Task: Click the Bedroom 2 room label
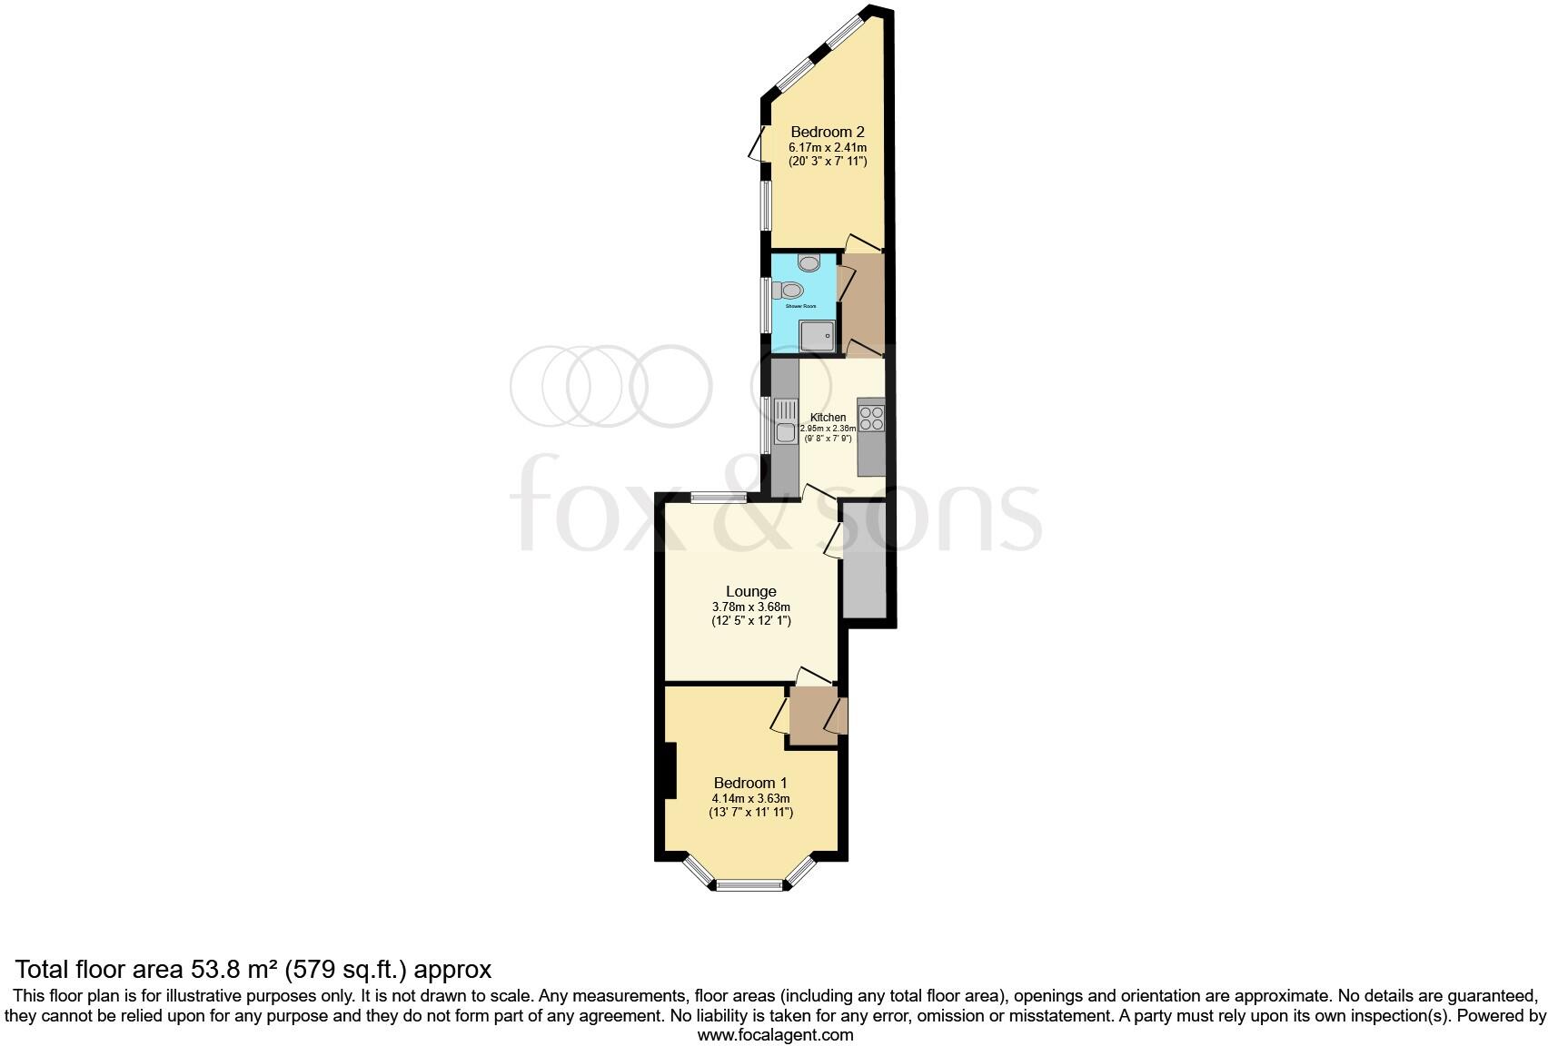(x=827, y=132)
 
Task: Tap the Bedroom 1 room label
(x=750, y=783)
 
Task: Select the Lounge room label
(x=751, y=592)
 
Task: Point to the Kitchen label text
(x=828, y=418)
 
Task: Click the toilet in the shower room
(x=789, y=291)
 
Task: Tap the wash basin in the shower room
(x=809, y=263)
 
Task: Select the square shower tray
(x=817, y=337)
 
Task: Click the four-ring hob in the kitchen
(x=871, y=419)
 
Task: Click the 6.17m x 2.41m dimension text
(x=827, y=147)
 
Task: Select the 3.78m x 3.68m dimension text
(x=751, y=607)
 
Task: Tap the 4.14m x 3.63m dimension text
(x=750, y=798)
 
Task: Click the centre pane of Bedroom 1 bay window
(x=749, y=885)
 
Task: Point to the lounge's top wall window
(x=718, y=497)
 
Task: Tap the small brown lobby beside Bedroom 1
(x=812, y=716)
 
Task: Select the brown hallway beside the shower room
(x=863, y=304)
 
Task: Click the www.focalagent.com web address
(x=775, y=1034)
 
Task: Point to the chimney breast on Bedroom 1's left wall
(x=670, y=771)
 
